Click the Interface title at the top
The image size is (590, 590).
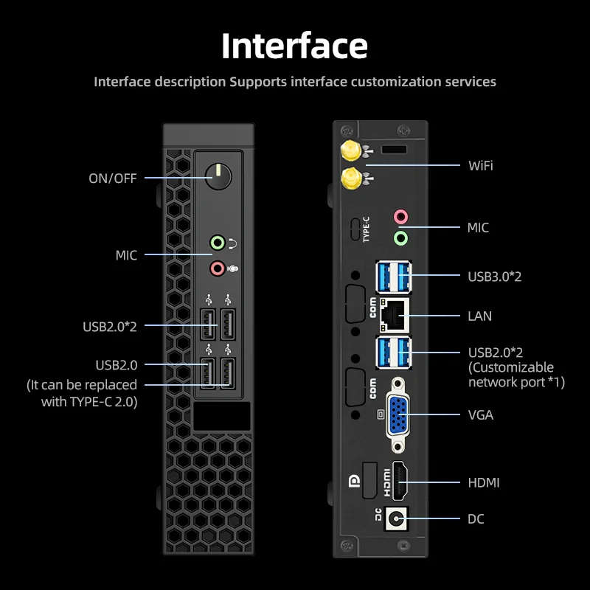pyautogui.click(x=294, y=46)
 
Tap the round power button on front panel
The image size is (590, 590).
pyautogui.click(x=218, y=177)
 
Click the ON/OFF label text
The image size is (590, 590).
pyautogui.click(x=113, y=178)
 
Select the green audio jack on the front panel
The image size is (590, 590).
pyautogui.click(x=217, y=242)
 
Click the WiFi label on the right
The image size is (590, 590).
pyautogui.click(x=481, y=165)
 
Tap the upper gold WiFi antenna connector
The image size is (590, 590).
pyautogui.click(x=350, y=152)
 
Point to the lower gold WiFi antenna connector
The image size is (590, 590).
pyautogui.click(x=351, y=178)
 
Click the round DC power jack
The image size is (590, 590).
pyautogui.click(x=398, y=518)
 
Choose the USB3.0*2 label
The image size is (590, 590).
pyautogui.click(x=495, y=276)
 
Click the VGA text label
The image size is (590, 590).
pyautogui.click(x=481, y=414)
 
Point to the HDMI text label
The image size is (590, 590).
pyautogui.click(x=484, y=482)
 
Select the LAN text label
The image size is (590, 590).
pyautogui.click(x=480, y=316)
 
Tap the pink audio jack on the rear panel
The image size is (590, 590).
pyautogui.click(x=400, y=217)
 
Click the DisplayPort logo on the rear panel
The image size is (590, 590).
pyautogui.click(x=353, y=483)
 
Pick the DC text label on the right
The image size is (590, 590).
pyautogui.click(x=476, y=519)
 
